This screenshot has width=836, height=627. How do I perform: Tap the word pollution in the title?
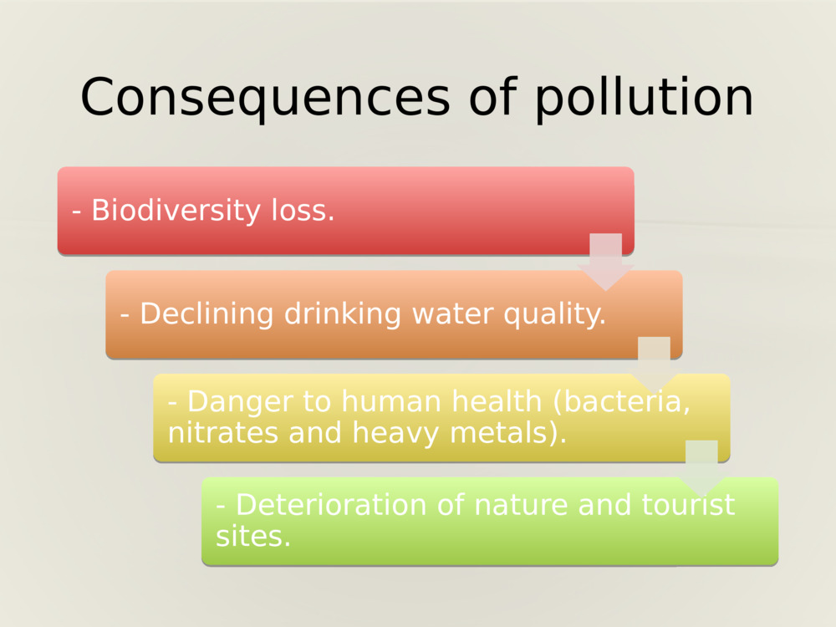click(x=644, y=99)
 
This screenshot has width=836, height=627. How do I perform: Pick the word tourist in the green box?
click(x=688, y=505)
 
